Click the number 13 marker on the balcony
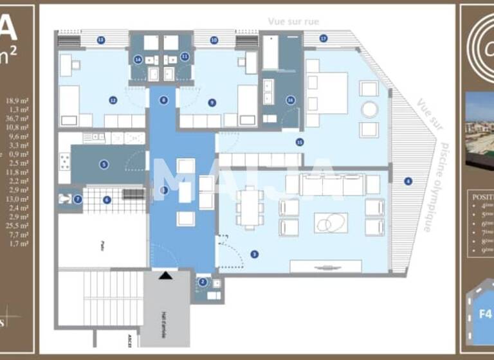tap(101, 40)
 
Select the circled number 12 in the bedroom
tap(113, 100)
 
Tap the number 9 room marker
tap(212, 102)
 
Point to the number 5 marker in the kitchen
tap(104, 165)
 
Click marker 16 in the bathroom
tap(291, 100)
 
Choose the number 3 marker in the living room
tap(255, 255)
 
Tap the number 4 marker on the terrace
tap(407, 181)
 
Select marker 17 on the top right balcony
tap(324, 39)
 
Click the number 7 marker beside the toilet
tap(78, 199)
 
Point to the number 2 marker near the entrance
tap(203, 282)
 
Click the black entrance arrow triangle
tap(166, 275)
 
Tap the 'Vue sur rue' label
tap(293, 21)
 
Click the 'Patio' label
tap(102, 244)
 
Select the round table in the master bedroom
tap(369, 109)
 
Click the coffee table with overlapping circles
tap(331, 222)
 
